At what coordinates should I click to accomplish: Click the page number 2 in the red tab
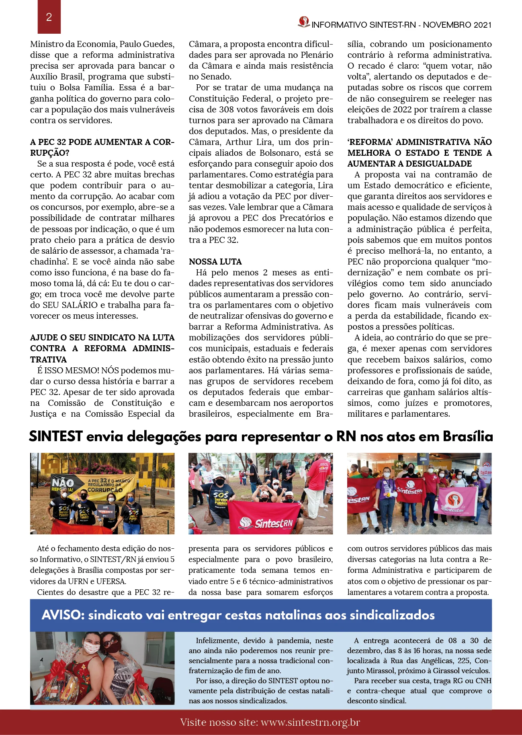click(49, 17)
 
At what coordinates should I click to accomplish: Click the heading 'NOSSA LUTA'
click(215, 262)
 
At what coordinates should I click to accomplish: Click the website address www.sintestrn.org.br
click(310, 723)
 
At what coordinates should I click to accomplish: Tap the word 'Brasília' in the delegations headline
click(468, 436)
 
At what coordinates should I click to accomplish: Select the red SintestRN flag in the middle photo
click(265, 517)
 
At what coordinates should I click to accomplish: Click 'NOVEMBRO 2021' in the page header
click(457, 25)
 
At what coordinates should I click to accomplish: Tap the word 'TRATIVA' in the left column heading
click(48, 360)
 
